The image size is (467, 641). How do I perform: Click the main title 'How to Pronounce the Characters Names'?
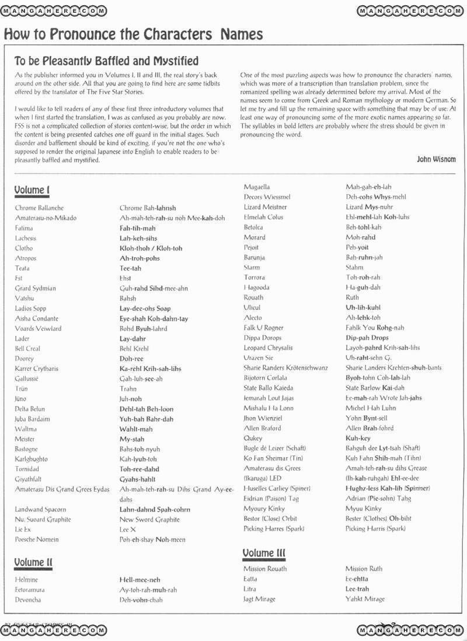tap(133, 34)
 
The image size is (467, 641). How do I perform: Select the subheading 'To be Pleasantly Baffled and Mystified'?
tap(106, 61)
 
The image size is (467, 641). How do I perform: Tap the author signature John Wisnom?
tap(436, 159)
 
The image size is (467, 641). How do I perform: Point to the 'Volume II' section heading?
tap(33, 562)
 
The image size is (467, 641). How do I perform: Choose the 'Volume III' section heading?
tap(264, 552)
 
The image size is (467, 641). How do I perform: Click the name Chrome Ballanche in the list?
tap(39, 208)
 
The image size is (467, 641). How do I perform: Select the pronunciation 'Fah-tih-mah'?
tap(137, 228)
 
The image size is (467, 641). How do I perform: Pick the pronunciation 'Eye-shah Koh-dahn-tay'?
tap(154, 318)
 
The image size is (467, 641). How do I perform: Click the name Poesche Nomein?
tap(37, 540)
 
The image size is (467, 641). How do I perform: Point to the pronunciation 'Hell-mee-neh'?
tap(140, 580)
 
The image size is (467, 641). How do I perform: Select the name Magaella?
tap(257, 187)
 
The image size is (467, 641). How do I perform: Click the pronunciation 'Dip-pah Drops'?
tap(367, 338)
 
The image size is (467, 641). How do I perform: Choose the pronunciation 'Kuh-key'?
tap(358, 438)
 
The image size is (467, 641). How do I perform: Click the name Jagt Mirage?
tap(259, 599)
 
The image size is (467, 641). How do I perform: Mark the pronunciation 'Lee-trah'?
tap(357, 589)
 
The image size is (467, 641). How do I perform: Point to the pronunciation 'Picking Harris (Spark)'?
tap(375, 528)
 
